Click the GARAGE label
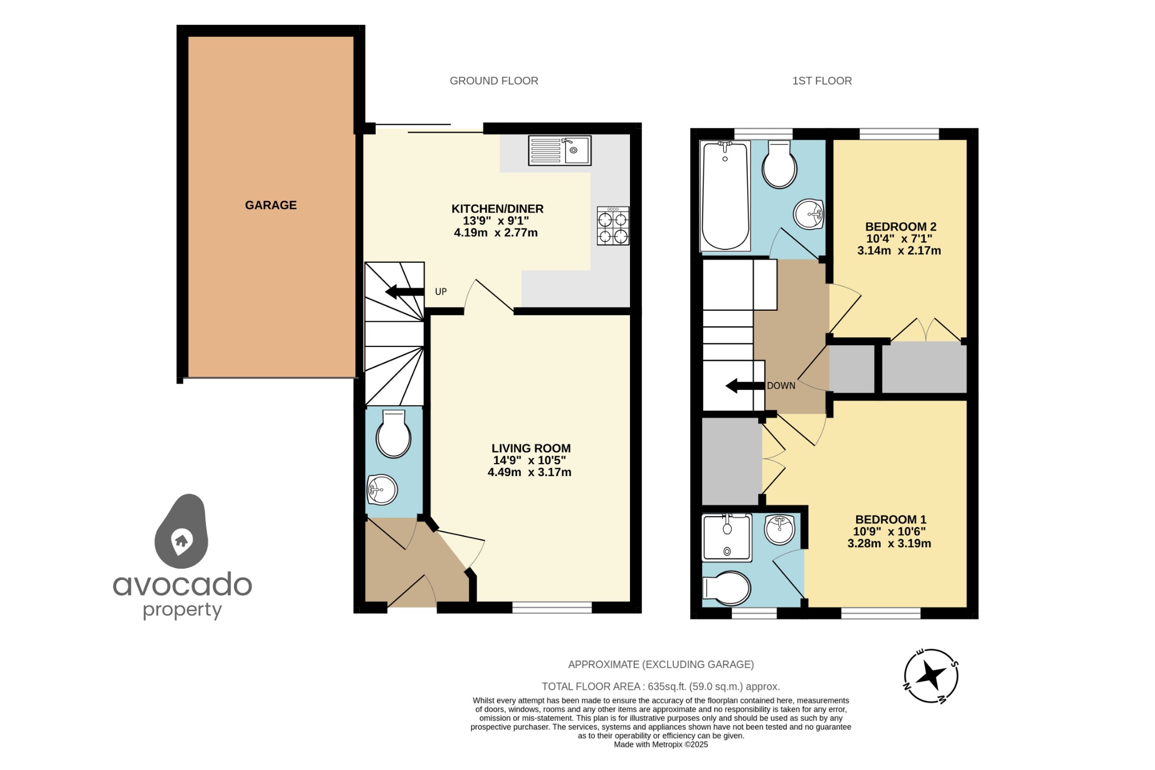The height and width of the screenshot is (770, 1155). click(x=271, y=205)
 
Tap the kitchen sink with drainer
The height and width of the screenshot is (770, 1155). click(x=559, y=151)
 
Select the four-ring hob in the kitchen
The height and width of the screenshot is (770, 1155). click(x=613, y=226)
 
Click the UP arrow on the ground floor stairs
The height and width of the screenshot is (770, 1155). click(x=404, y=292)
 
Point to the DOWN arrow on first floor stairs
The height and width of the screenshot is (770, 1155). click(x=745, y=386)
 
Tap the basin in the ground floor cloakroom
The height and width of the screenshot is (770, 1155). click(x=382, y=489)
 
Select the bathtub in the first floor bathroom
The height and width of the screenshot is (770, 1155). click(x=725, y=195)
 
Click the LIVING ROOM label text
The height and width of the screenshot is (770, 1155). click(x=531, y=448)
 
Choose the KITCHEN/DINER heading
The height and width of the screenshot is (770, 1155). click(x=497, y=209)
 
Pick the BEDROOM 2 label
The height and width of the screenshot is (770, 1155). click(x=901, y=227)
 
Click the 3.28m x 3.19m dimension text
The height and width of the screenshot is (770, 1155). click(x=889, y=544)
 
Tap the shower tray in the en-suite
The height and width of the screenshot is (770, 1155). click(x=727, y=538)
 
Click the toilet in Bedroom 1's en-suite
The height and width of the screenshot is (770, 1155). click(x=728, y=588)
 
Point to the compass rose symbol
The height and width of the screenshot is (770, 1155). click(x=931, y=676)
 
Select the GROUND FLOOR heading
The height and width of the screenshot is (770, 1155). click(x=493, y=81)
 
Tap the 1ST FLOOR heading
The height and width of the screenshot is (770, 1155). click(x=822, y=81)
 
